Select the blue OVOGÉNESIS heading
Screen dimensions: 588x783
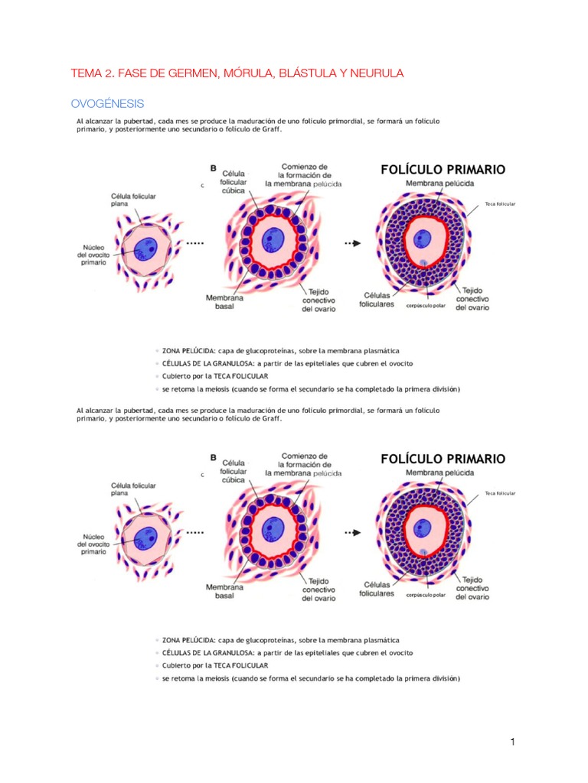click(x=107, y=103)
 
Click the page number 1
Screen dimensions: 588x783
click(x=513, y=742)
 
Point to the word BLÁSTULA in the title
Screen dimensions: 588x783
click(x=299, y=73)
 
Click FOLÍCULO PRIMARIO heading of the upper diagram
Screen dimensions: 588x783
click(x=443, y=170)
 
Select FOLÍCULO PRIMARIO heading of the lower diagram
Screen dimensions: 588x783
click(x=443, y=459)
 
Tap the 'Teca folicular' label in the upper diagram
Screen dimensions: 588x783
click(x=500, y=205)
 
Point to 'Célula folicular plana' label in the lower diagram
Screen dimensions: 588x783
click(x=133, y=489)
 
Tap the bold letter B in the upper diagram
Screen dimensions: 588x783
click(x=213, y=167)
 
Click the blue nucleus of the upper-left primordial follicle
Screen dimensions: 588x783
click(x=148, y=247)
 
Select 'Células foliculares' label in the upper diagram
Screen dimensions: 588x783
click(x=377, y=299)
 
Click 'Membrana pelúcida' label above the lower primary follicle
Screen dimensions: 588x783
click(x=439, y=473)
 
